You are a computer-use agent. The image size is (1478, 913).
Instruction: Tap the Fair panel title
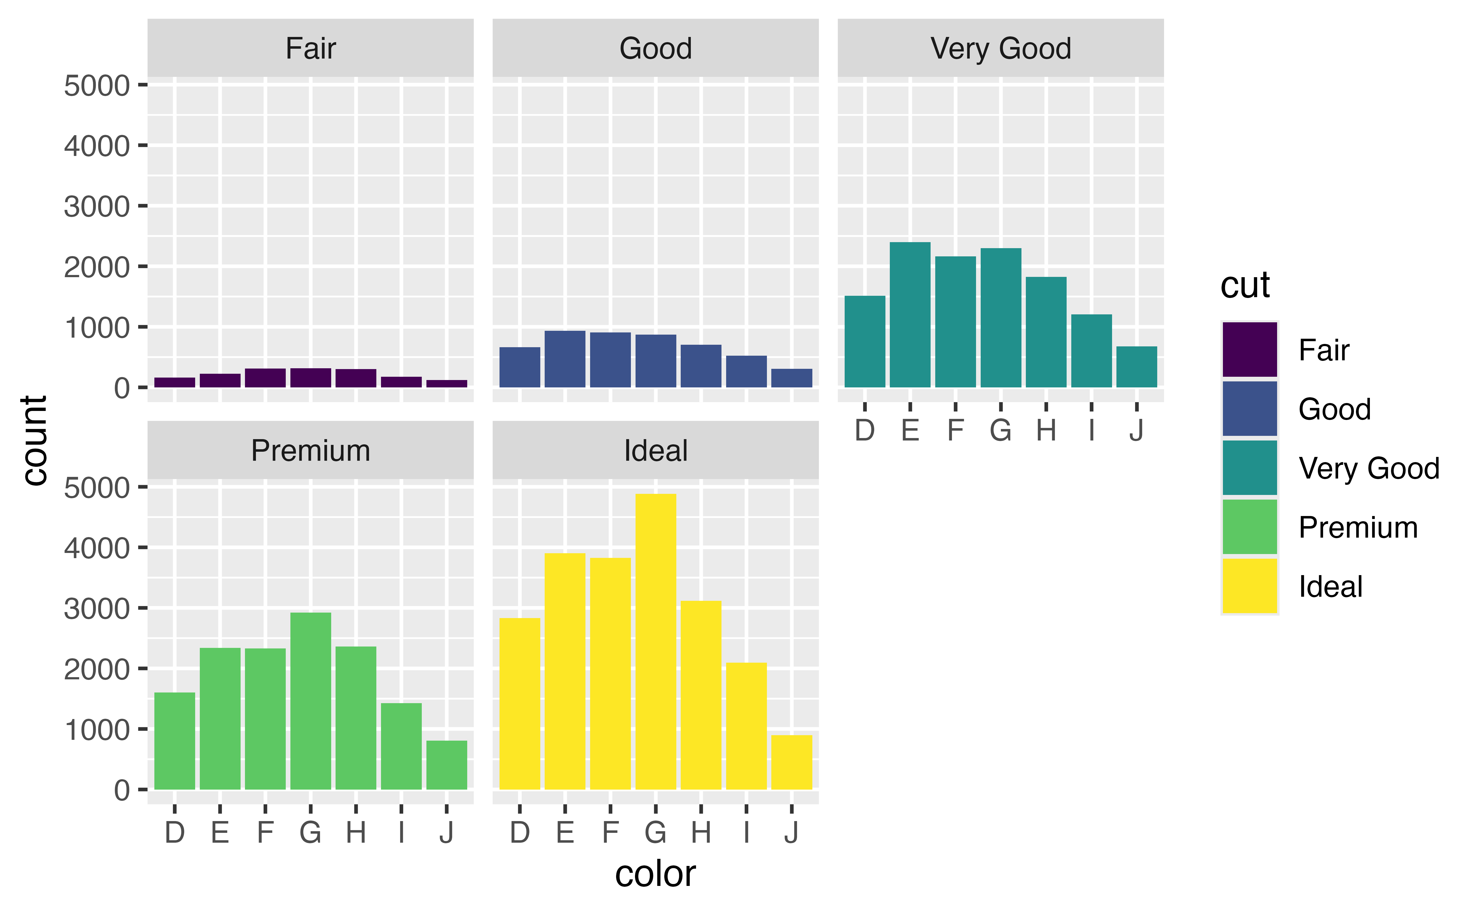[310, 48]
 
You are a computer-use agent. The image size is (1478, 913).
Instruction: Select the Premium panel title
[310, 450]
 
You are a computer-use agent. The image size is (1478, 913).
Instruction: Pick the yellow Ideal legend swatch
[1249, 586]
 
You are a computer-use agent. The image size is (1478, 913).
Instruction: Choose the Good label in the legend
[1334, 409]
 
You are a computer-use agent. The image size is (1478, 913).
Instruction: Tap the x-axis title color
[655, 874]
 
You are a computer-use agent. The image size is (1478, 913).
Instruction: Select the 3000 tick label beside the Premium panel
[97, 609]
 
